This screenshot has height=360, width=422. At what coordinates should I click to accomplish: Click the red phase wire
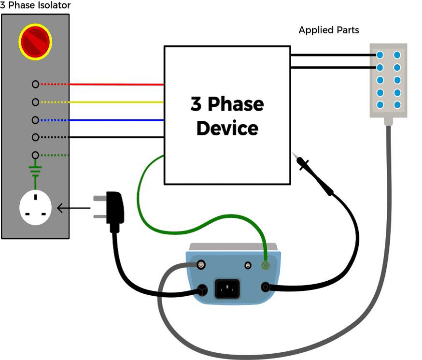(116, 85)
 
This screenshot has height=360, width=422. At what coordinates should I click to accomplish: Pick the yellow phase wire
(116, 102)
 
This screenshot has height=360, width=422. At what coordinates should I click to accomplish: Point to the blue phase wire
(116, 120)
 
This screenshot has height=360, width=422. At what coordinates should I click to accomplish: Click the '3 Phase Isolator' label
(35, 5)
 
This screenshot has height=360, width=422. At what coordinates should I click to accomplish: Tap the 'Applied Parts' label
(329, 30)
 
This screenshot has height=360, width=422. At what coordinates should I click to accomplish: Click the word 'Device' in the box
(227, 129)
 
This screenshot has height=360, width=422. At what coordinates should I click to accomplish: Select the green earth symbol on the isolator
(35, 171)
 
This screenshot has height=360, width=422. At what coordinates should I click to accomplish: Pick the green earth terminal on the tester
(265, 265)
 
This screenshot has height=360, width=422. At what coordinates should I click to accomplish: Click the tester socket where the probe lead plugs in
(265, 287)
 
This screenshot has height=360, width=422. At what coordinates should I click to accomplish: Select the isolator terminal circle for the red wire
(35, 84)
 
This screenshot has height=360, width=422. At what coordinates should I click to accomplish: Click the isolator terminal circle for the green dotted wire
(35, 155)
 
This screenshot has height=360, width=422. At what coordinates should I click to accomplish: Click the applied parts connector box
(388, 80)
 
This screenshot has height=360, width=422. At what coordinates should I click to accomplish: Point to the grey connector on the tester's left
(200, 265)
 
